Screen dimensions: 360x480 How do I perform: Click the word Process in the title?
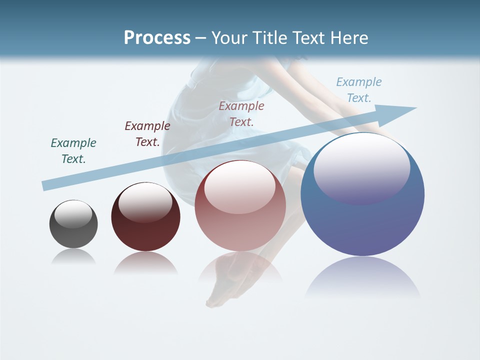157,38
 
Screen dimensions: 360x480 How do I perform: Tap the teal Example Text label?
73,150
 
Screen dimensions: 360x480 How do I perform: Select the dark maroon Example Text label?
147,133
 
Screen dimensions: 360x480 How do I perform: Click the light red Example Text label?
241,113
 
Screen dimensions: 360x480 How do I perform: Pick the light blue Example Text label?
359,89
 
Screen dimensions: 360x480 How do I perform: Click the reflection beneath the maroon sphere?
145,262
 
